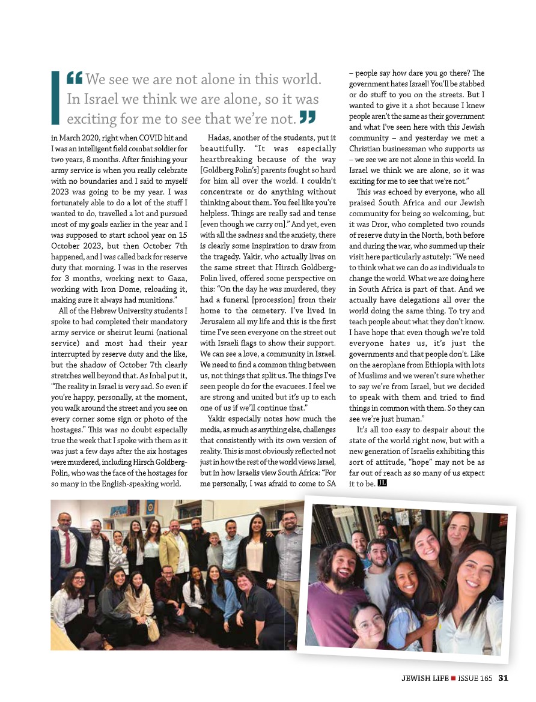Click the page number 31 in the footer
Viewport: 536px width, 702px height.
(x=504, y=678)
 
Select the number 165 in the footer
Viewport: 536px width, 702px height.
(x=486, y=678)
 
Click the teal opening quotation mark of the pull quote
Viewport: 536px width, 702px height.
(x=75, y=77)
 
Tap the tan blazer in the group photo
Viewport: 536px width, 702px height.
(x=171, y=547)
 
